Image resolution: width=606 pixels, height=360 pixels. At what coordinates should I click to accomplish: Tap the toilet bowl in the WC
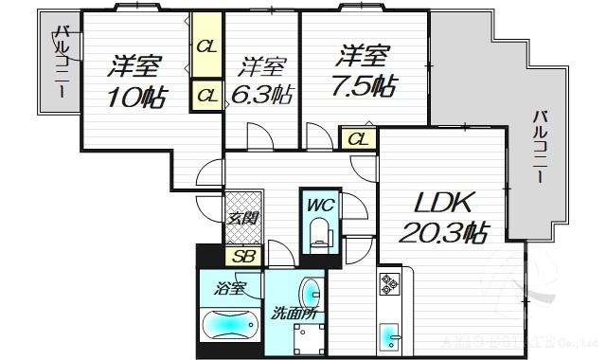click(x=319, y=232)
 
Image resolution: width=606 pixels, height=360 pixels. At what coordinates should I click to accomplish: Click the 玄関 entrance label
click(x=242, y=218)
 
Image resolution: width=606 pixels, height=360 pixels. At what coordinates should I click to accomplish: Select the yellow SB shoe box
click(x=242, y=256)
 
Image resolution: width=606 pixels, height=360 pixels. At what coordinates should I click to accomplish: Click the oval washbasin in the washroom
click(x=310, y=291)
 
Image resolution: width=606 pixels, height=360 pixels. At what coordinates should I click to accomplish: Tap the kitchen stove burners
click(x=390, y=282)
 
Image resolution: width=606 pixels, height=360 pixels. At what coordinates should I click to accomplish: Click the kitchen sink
click(x=390, y=337)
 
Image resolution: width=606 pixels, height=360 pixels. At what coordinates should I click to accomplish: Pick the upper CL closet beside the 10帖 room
click(x=206, y=45)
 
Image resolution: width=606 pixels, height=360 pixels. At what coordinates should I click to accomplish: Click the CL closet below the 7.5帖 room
click(x=356, y=139)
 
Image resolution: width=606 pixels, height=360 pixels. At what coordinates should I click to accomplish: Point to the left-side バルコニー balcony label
click(x=60, y=63)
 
